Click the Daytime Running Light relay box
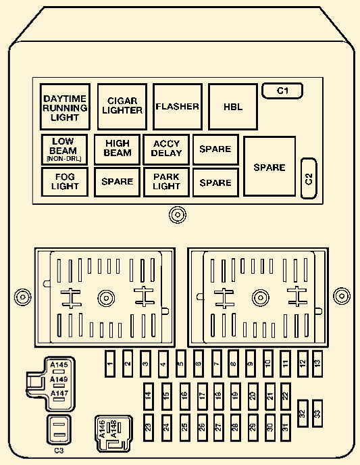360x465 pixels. coord(65,107)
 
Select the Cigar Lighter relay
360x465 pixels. coord(122,107)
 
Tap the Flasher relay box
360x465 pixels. coord(178,107)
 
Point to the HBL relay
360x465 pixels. coord(233,107)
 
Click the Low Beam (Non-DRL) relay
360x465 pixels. coord(65,150)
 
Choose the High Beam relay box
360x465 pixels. coord(117,149)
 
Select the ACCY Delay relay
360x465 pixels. coord(166,149)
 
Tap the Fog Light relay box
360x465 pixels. coord(65,182)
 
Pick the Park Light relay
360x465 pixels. coord(166,182)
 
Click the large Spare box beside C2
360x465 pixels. coord(269,166)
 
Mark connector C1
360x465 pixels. coord(282,91)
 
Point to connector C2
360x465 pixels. coord(309,178)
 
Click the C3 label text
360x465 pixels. coord(59,450)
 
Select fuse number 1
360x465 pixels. coord(110,364)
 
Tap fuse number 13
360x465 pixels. coord(317,364)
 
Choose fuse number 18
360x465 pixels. coord(218,396)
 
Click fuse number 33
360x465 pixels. coord(317,414)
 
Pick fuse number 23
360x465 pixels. coord(148,427)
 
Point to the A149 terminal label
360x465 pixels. coord(59,379)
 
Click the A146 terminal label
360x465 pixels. coord(102,429)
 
